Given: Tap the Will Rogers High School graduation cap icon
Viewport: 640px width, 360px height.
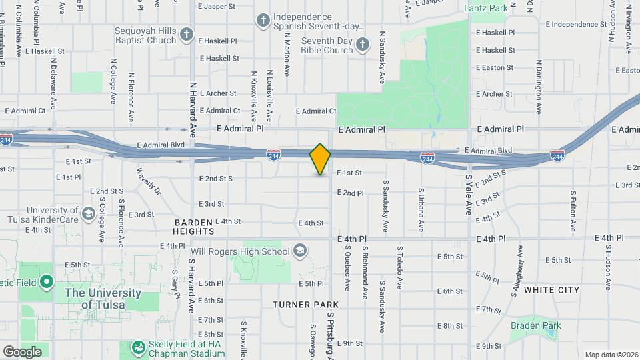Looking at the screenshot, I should pos(300,251).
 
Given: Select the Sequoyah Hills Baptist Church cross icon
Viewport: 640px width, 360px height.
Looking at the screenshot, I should pos(187,34).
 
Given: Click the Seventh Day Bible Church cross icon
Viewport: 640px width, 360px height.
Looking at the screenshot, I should pos(363,45).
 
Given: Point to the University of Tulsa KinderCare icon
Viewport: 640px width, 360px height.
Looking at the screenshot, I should pos(88,213).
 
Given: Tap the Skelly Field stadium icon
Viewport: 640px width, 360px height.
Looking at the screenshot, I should pos(138,347).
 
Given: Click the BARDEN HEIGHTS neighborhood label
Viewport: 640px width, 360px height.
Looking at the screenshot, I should pos(194,226).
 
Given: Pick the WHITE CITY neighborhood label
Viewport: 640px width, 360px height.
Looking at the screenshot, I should pos(551,290).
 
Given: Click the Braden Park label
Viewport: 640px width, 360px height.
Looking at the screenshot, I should pos(535,325).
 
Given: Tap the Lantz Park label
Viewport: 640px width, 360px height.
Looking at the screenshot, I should pos(485,8).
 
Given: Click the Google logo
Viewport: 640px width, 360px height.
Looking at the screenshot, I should pos(22,351).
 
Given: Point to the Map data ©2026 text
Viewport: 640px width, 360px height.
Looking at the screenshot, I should pos(611,354).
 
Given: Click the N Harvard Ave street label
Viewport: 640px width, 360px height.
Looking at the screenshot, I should pos(193,109).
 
